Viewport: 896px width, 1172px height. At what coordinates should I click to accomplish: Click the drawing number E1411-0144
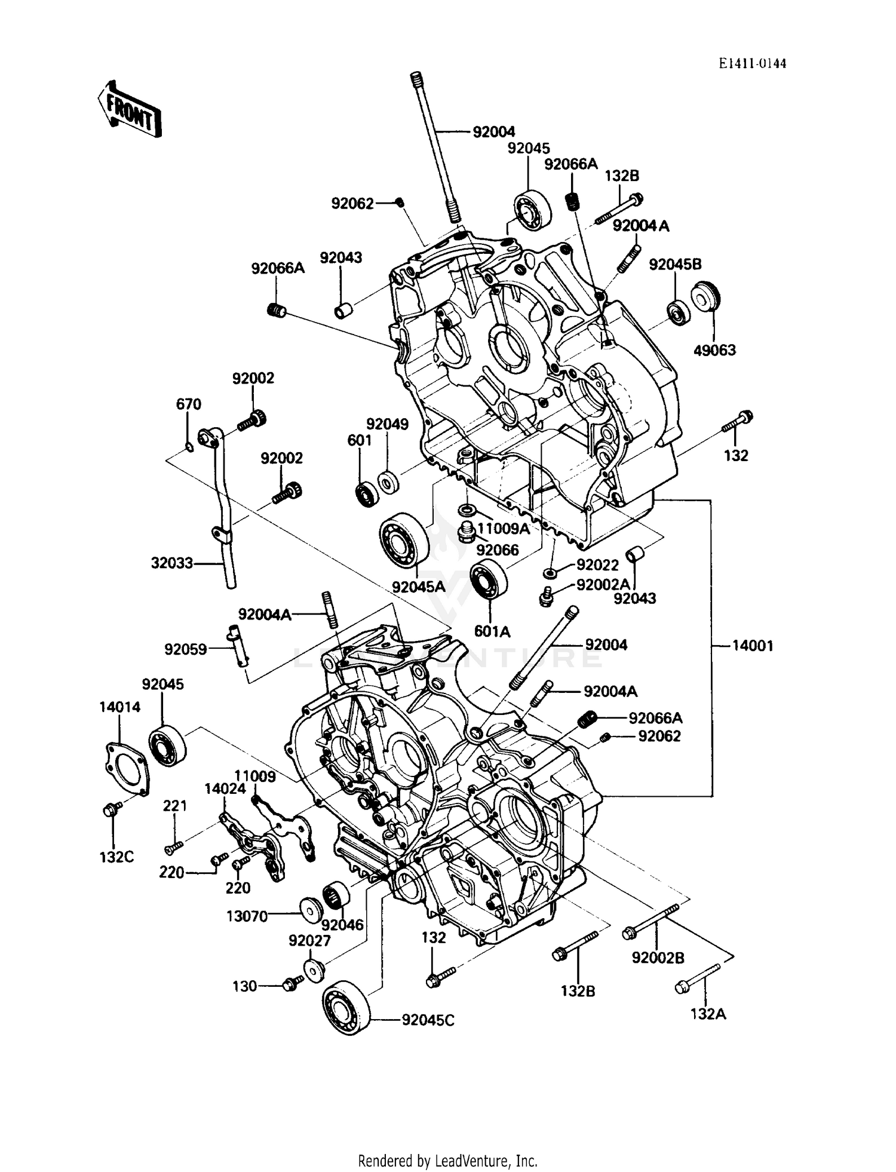click(752, 64)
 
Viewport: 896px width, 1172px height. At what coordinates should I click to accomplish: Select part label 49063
click(714, 351)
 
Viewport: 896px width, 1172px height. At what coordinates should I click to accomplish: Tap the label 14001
click(753, 646)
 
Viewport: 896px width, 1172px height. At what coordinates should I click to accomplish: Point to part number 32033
click(171, 563)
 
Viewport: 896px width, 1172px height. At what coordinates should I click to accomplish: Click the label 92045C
click(428, 1020)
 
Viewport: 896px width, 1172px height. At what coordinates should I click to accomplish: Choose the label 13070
click(247, 916)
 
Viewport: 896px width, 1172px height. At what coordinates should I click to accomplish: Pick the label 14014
click(119, 707)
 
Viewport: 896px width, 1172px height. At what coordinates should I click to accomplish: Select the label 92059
click(186, 649)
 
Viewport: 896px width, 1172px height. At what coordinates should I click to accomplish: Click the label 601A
click(492, 631)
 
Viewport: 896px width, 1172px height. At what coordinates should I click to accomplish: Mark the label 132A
click(708, 1014)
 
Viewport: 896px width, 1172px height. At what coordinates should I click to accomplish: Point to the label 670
click(188, 404)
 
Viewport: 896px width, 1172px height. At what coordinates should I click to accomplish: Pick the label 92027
click(309, 941)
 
